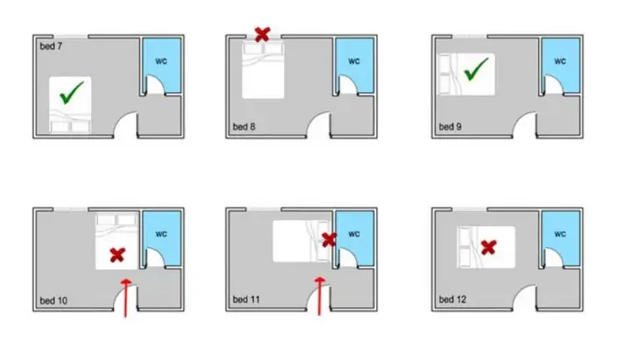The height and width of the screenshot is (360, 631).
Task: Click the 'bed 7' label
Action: (x=51, y=46)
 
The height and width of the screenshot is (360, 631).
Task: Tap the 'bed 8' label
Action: (x=244, y=127)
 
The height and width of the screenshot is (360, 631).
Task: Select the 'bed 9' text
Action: (x=450, y=127)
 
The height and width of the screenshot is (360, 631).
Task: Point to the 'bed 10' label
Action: (x=53, y=300)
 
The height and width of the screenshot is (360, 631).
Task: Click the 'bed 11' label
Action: (x=246, y=300)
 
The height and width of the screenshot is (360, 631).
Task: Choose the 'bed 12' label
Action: (x=452, y=300)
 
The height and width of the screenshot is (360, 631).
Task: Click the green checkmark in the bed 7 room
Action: (x=72, y=93)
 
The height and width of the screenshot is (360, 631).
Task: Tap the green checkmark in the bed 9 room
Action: (x=476, y=69)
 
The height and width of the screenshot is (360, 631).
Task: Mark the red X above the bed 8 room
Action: (x=262, y=34)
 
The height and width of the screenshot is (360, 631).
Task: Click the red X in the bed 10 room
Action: (x=117, y=255)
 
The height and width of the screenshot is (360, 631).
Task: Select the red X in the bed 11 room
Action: (x=330, y=240)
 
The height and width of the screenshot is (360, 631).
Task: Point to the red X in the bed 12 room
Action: (x=488, y=247)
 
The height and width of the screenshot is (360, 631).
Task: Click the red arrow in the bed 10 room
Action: (x=126, y=298)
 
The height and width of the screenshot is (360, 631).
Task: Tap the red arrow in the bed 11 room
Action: (x=320, y=296)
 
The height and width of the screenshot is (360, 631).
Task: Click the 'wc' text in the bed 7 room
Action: (x=161, y=61)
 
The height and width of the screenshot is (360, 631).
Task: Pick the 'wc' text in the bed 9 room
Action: (x=560, y=61)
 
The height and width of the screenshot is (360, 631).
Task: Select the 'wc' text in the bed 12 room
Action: (x=560, y=234)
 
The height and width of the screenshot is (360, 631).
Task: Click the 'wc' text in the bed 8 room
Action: (x=354, y=61)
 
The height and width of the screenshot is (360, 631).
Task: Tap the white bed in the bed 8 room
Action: (x=263, y=69)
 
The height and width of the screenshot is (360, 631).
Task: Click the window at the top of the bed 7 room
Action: (x=70, y=37)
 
